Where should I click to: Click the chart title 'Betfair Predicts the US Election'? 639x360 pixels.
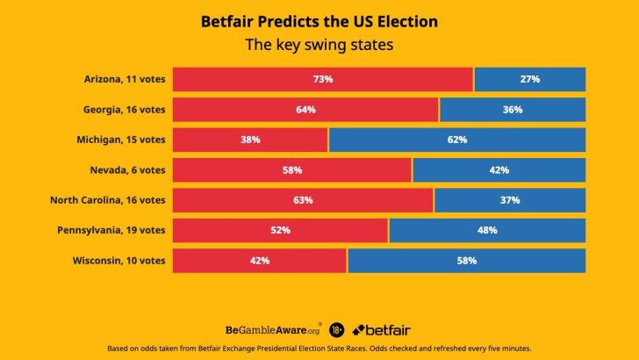pyautogui.click(x=319, y=20)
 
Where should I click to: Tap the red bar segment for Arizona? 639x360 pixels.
pyautogui.click(x=322, y=79)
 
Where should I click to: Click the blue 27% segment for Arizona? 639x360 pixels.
pyautogui.click(x=529, y=79)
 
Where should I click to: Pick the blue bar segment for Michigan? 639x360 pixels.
pyautogui.click(x=456, y=140)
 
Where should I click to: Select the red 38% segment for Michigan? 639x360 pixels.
pyautogui.click(x=250, y=140)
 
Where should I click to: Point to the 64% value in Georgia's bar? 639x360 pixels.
pyautogui.click(x=305, y=110)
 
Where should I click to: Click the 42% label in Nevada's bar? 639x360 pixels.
pyautogui.click(x=499, y=170)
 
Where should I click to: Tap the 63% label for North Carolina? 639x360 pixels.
pyautogui.click(x=303, y=200)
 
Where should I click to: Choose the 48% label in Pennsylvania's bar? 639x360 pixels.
pyautogui.click(x=487, y=230)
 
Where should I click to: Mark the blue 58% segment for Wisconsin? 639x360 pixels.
pyautogui.click(x=466, y=261)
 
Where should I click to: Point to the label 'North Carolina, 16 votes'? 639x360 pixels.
pyautogui.click(x=107, y=200)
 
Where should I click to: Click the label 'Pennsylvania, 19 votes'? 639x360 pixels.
pyautogui.click(x=112, y=230)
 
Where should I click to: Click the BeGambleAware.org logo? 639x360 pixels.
pyautogui.click(x=273, y=329)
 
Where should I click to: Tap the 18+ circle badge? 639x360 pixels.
pyautogui.click(x=337, y=330)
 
